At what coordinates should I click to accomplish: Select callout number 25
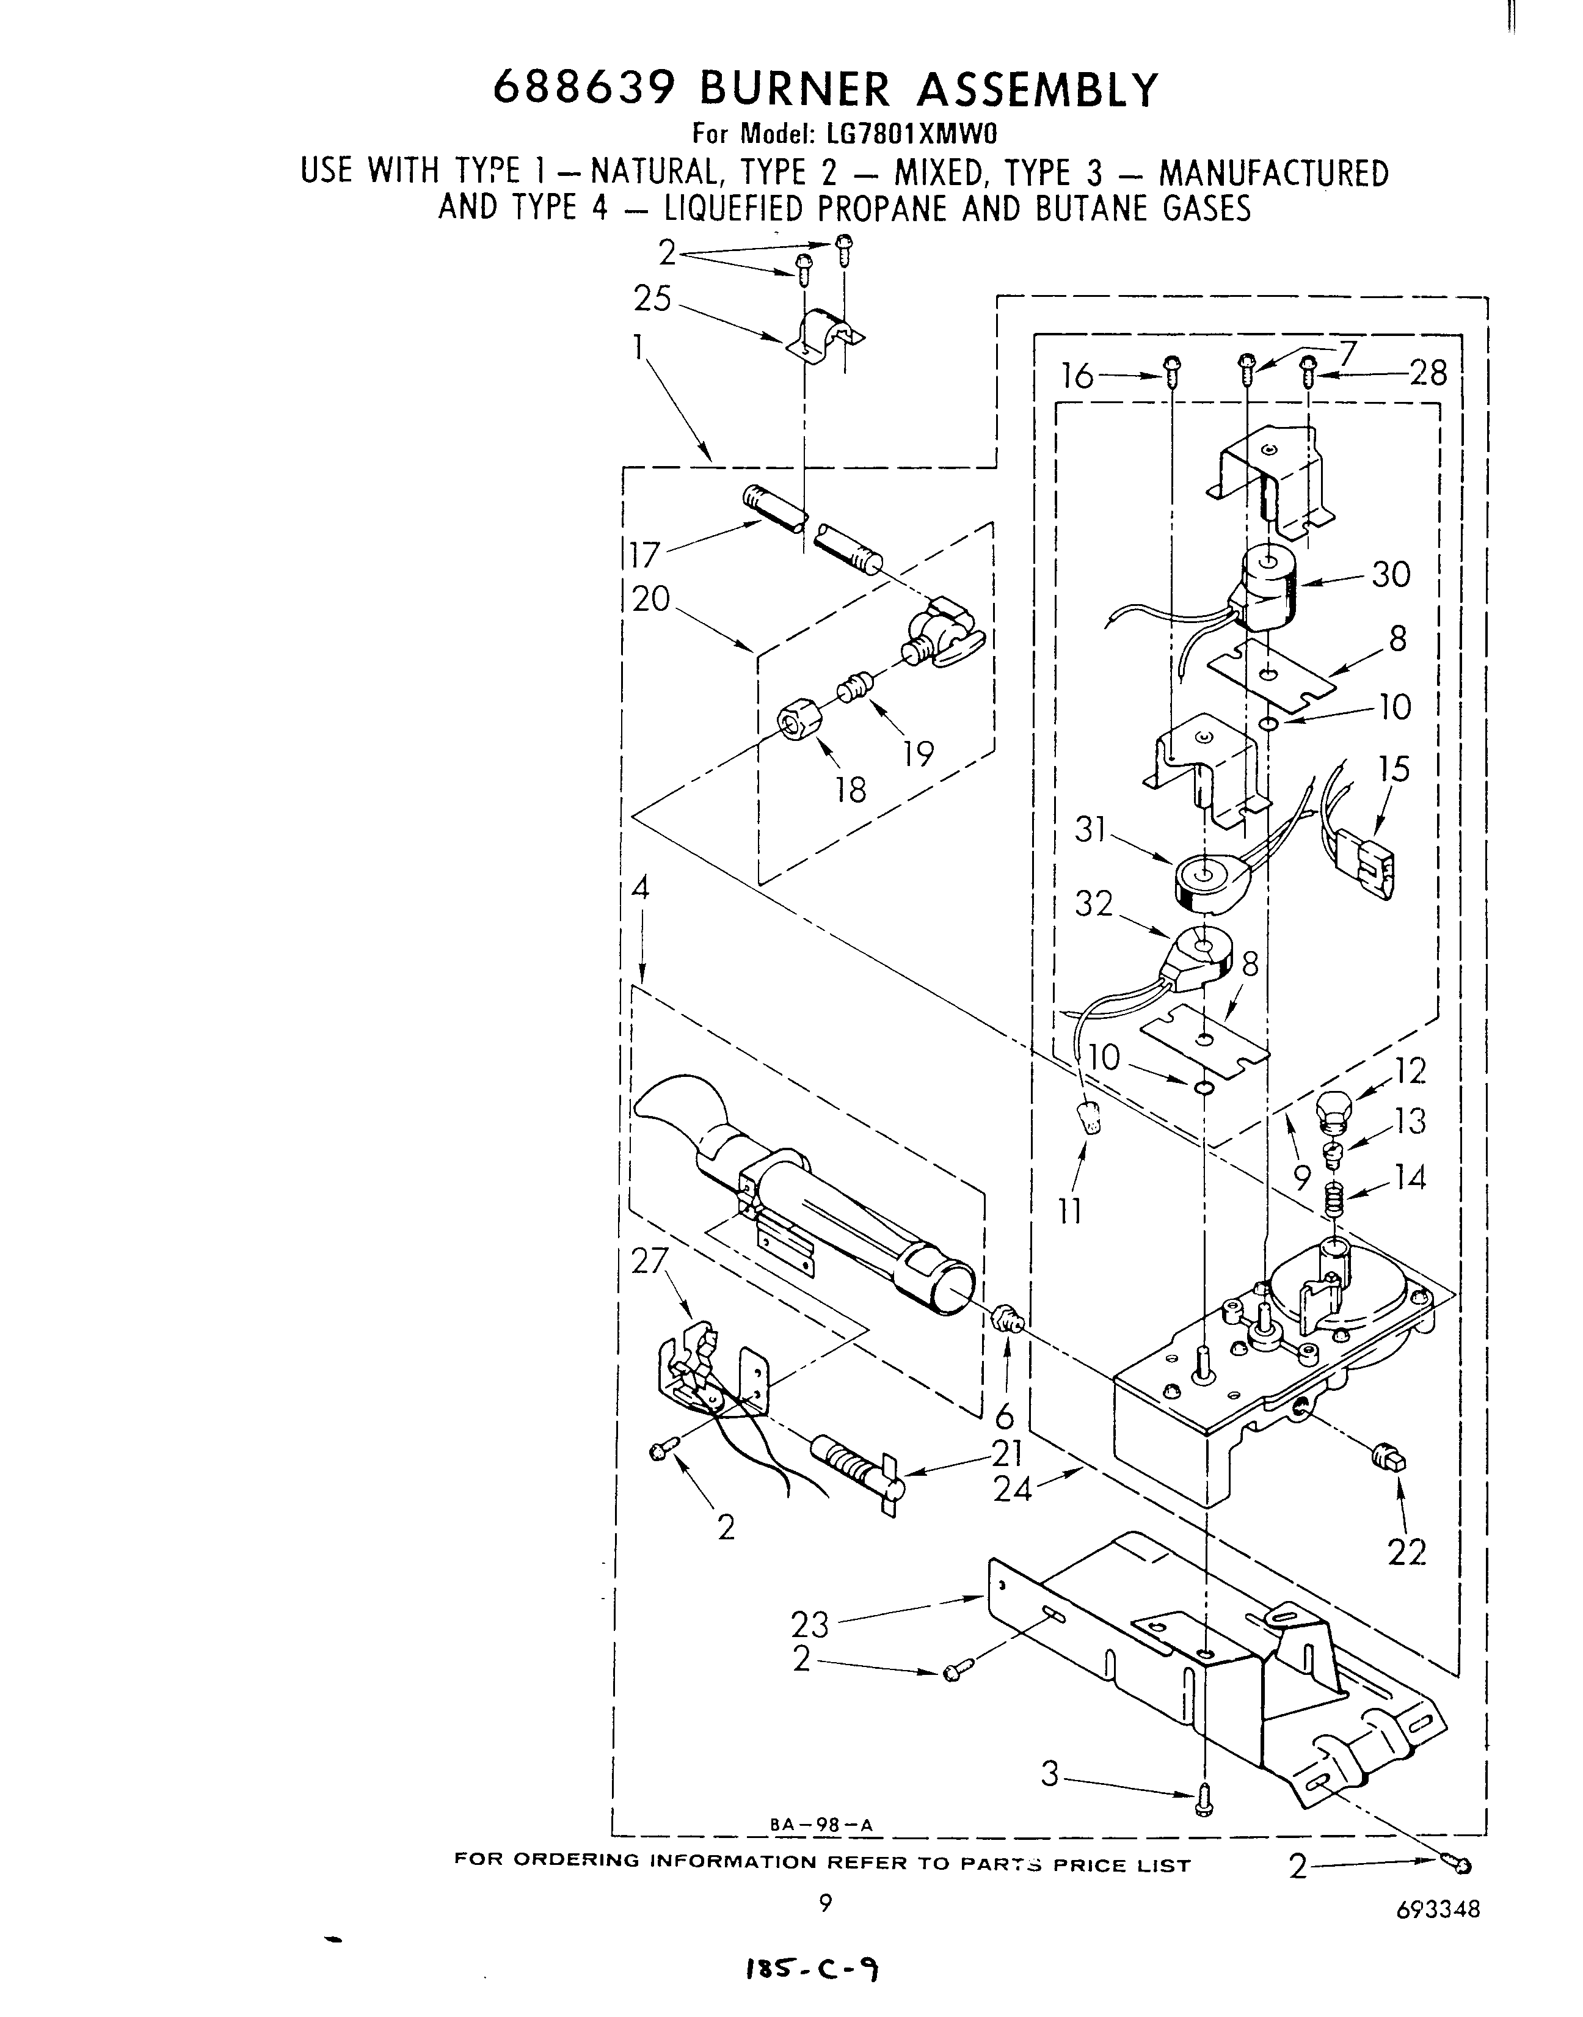(652, 299)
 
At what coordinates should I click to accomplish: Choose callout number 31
(1091, 828)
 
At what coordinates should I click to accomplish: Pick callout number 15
(1393, 769)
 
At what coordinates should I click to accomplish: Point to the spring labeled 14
(1333, 1202)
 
